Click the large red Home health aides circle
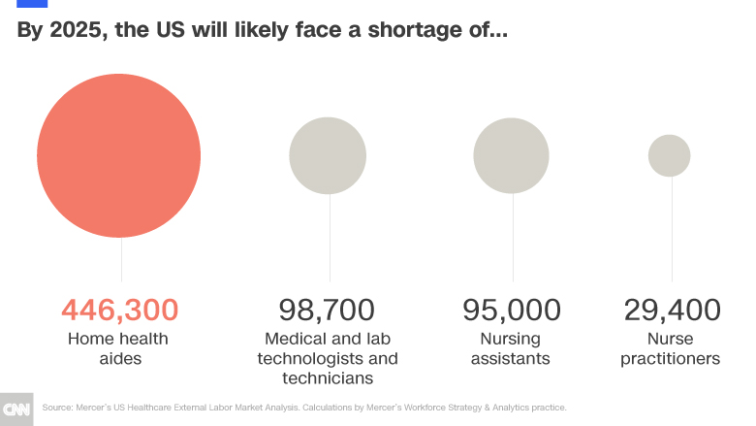coord(119,155)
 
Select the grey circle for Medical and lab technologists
coord(328,155)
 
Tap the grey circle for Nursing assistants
coord(511,155)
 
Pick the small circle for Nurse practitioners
coord(670,155)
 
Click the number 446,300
coord(119,311)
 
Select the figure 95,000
coord(511,311)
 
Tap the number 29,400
coord(672,311)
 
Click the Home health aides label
coord(118,348)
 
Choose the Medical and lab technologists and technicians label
coord(331,358)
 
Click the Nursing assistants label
coord(510,348)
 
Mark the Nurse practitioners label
coord(671,348)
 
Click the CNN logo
coord(17,409)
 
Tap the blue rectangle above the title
coord(33,3)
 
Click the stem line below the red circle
coord(120,259)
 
